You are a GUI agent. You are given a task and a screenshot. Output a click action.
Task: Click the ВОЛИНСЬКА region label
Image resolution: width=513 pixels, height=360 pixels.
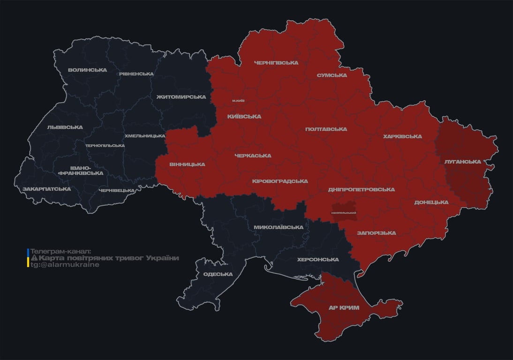coord(87,70)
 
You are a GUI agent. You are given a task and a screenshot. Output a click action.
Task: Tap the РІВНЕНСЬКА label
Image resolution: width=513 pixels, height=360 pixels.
coord(136,74)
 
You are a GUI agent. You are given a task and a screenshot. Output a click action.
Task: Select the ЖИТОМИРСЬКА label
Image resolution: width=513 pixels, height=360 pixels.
coord(181,97)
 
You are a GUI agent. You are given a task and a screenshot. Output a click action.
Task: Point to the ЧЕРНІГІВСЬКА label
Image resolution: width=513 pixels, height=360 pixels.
coord(276,63)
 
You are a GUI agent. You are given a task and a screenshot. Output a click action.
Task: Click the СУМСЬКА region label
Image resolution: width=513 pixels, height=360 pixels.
coord(332,75)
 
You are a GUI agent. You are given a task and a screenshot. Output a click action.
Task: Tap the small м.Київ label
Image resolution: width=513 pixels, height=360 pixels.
coord(238,101)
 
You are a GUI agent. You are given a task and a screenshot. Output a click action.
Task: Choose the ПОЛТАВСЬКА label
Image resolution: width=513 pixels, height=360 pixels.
coord(326,129)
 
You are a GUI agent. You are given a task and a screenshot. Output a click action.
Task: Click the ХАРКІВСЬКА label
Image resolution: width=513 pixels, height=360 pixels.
coord(402,137)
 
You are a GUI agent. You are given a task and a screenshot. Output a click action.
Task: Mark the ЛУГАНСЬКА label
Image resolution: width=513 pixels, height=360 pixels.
coord(462,162)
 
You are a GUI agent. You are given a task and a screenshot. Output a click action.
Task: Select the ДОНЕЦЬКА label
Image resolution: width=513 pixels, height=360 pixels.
coord(431,202)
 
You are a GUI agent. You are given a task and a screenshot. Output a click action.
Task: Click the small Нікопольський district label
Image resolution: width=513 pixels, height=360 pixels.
coord(344,213)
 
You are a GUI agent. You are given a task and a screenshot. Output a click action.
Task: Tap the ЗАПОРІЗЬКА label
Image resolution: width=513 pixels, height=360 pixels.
coord(376,233)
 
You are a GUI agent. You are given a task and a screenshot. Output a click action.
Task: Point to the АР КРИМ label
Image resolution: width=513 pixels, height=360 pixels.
coord(344,307)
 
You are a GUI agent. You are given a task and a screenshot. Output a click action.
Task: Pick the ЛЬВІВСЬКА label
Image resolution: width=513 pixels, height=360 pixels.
coord(65,127)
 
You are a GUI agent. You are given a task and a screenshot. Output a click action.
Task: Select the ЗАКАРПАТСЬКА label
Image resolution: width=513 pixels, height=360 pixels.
coord(46,189)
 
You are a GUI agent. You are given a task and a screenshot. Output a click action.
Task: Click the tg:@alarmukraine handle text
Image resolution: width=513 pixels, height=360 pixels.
coord(65,265)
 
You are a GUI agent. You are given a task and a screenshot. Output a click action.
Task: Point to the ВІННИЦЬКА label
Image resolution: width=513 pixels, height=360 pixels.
coord(187,165)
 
